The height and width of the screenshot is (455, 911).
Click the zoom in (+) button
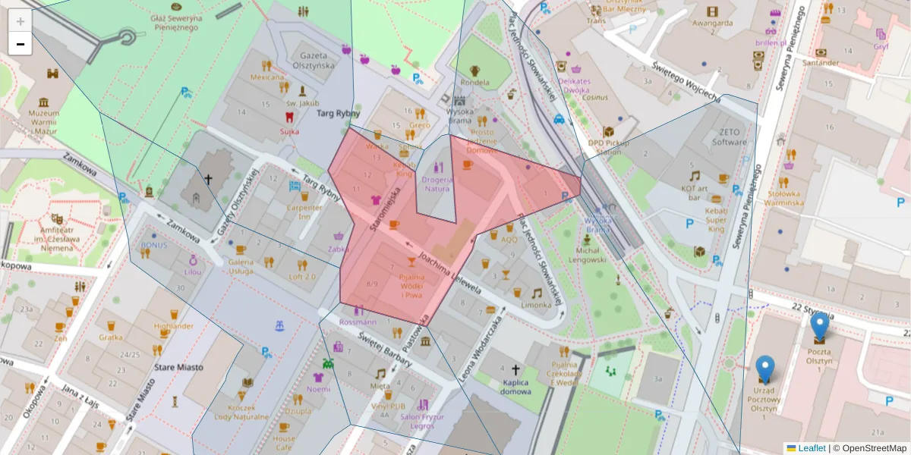click(20, 21)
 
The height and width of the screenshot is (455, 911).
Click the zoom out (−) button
click(20, 44)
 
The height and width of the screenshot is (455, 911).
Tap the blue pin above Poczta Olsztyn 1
click(819, 326)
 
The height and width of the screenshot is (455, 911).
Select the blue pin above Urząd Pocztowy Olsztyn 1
click(765, 369)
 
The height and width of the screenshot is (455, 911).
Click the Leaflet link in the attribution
click(812, 448)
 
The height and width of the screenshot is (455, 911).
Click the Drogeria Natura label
click(437, 184)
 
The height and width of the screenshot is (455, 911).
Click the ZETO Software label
click(730, 137)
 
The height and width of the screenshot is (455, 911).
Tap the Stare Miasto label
click(179, 367)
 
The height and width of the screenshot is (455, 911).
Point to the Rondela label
click(474, 82)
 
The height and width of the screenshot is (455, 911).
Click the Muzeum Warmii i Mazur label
click(43, 122)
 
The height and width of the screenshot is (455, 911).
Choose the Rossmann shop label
click(358, 322)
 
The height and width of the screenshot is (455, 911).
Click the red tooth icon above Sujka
click(288, 118)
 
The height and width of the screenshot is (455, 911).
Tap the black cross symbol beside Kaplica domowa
click(515, 370)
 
